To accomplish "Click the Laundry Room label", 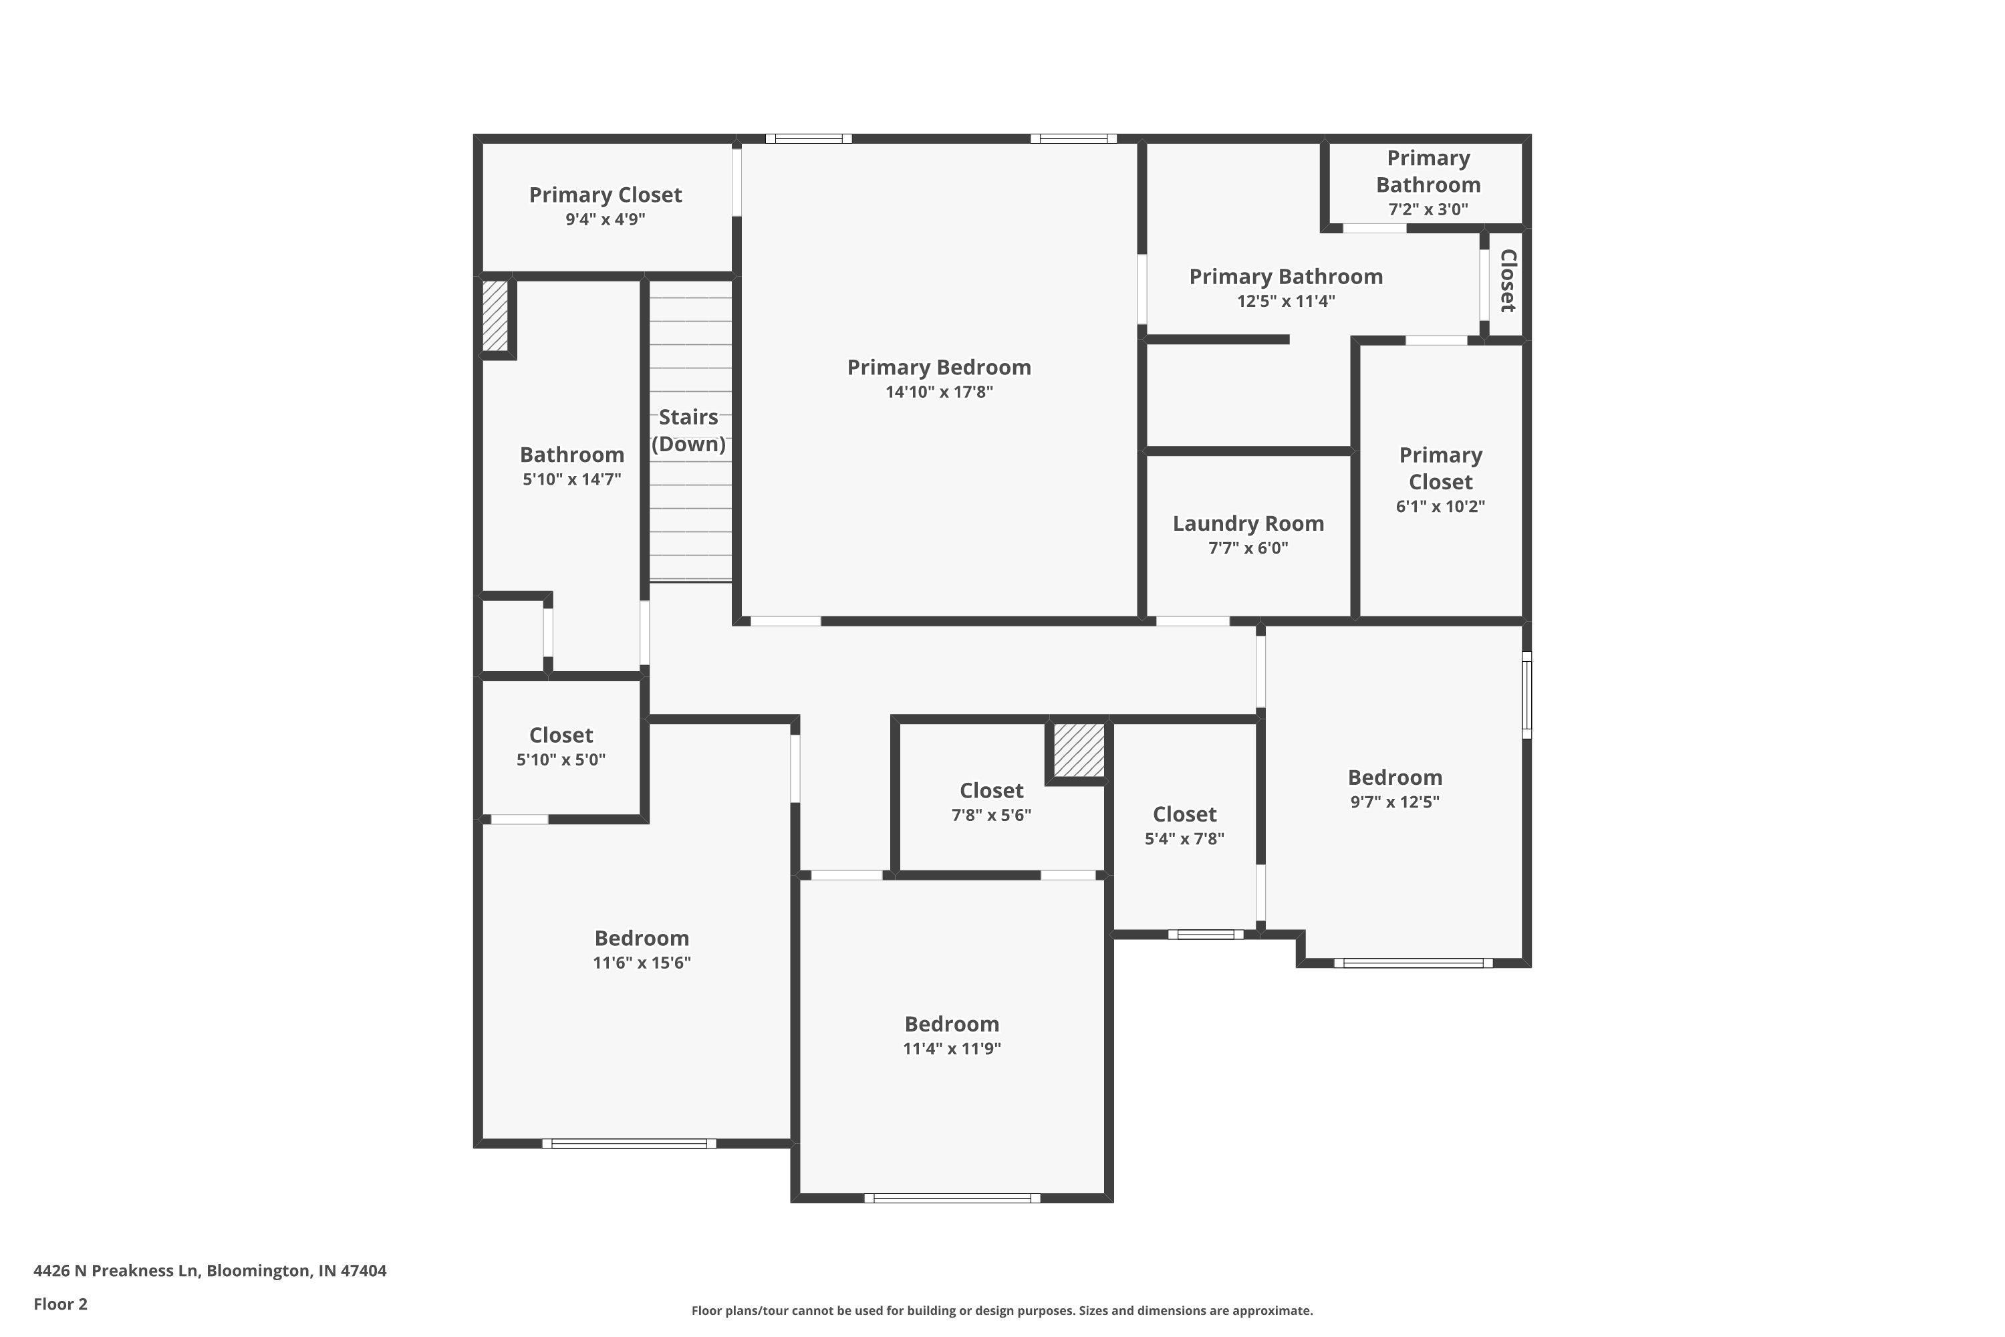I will pos(1248,523).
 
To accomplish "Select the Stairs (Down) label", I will pos(689,431).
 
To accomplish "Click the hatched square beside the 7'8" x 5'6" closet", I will pos(1079,750).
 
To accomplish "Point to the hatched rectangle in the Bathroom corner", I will pos(495,315).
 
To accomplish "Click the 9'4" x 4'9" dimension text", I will pos(606,219).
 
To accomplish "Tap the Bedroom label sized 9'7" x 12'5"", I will pos(1395,777).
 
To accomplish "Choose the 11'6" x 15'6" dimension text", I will pos(642,963).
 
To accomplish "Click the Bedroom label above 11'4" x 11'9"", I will pos(951,1024).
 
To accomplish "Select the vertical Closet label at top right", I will pos(1507,281).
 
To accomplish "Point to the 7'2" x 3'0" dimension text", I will pos(1428,209).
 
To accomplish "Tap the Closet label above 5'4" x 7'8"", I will pos(1184,814).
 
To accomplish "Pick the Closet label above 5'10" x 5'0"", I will pos(561,735).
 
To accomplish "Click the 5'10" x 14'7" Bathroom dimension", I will pos(572,479).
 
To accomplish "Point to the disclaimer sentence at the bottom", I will pos(1002,1310).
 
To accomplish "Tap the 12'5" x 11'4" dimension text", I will pos(1285,301).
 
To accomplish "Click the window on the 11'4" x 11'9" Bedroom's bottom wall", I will pos(952,1198).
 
